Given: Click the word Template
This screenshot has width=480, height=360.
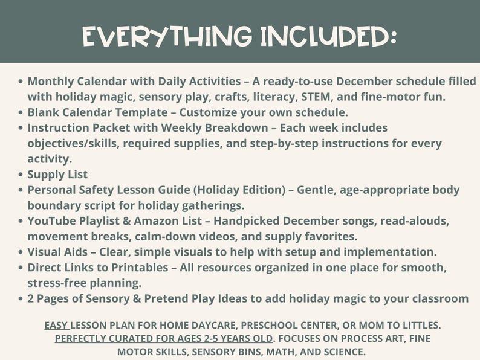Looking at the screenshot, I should [x=143, y=112].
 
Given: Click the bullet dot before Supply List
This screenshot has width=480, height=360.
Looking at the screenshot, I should [x=21, y=175].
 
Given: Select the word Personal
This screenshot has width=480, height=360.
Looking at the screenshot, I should [x=53, y=190].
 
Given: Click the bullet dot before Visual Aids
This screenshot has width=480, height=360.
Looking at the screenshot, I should [x=21, y=252].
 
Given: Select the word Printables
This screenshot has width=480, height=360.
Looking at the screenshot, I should [x=140, y=268].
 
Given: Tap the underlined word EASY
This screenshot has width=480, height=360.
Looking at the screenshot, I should [x=57, y=324].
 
